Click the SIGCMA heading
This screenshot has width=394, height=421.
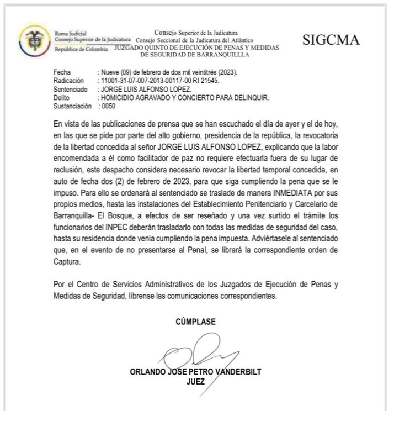(x=332, y=41)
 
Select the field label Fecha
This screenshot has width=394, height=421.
(x=61, y=72)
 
